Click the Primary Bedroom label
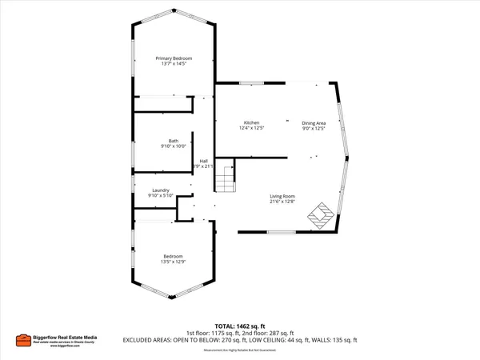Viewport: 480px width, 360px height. [173, 58]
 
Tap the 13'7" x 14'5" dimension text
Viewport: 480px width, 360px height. [173, 64]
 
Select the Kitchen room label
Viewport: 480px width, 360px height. [251, 122]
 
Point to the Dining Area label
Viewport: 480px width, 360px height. [314, 122]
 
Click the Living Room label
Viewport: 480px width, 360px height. [282, 196]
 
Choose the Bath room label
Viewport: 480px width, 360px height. [174, 141]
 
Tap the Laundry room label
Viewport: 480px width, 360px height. [160, 190]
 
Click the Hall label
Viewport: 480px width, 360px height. [204, 160]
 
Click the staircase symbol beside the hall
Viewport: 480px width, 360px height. [226, 176]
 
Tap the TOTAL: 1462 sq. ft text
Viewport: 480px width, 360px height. [240, 326]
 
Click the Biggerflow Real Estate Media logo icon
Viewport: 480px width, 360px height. [25, 341]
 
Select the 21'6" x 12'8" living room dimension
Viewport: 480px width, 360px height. [282, 202]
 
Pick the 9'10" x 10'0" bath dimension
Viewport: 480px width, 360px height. [174, 146]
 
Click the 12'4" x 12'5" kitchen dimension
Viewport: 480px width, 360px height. [251, 127]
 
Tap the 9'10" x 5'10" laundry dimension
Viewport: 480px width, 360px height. [160, 195]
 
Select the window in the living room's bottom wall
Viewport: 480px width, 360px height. [282, 232]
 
